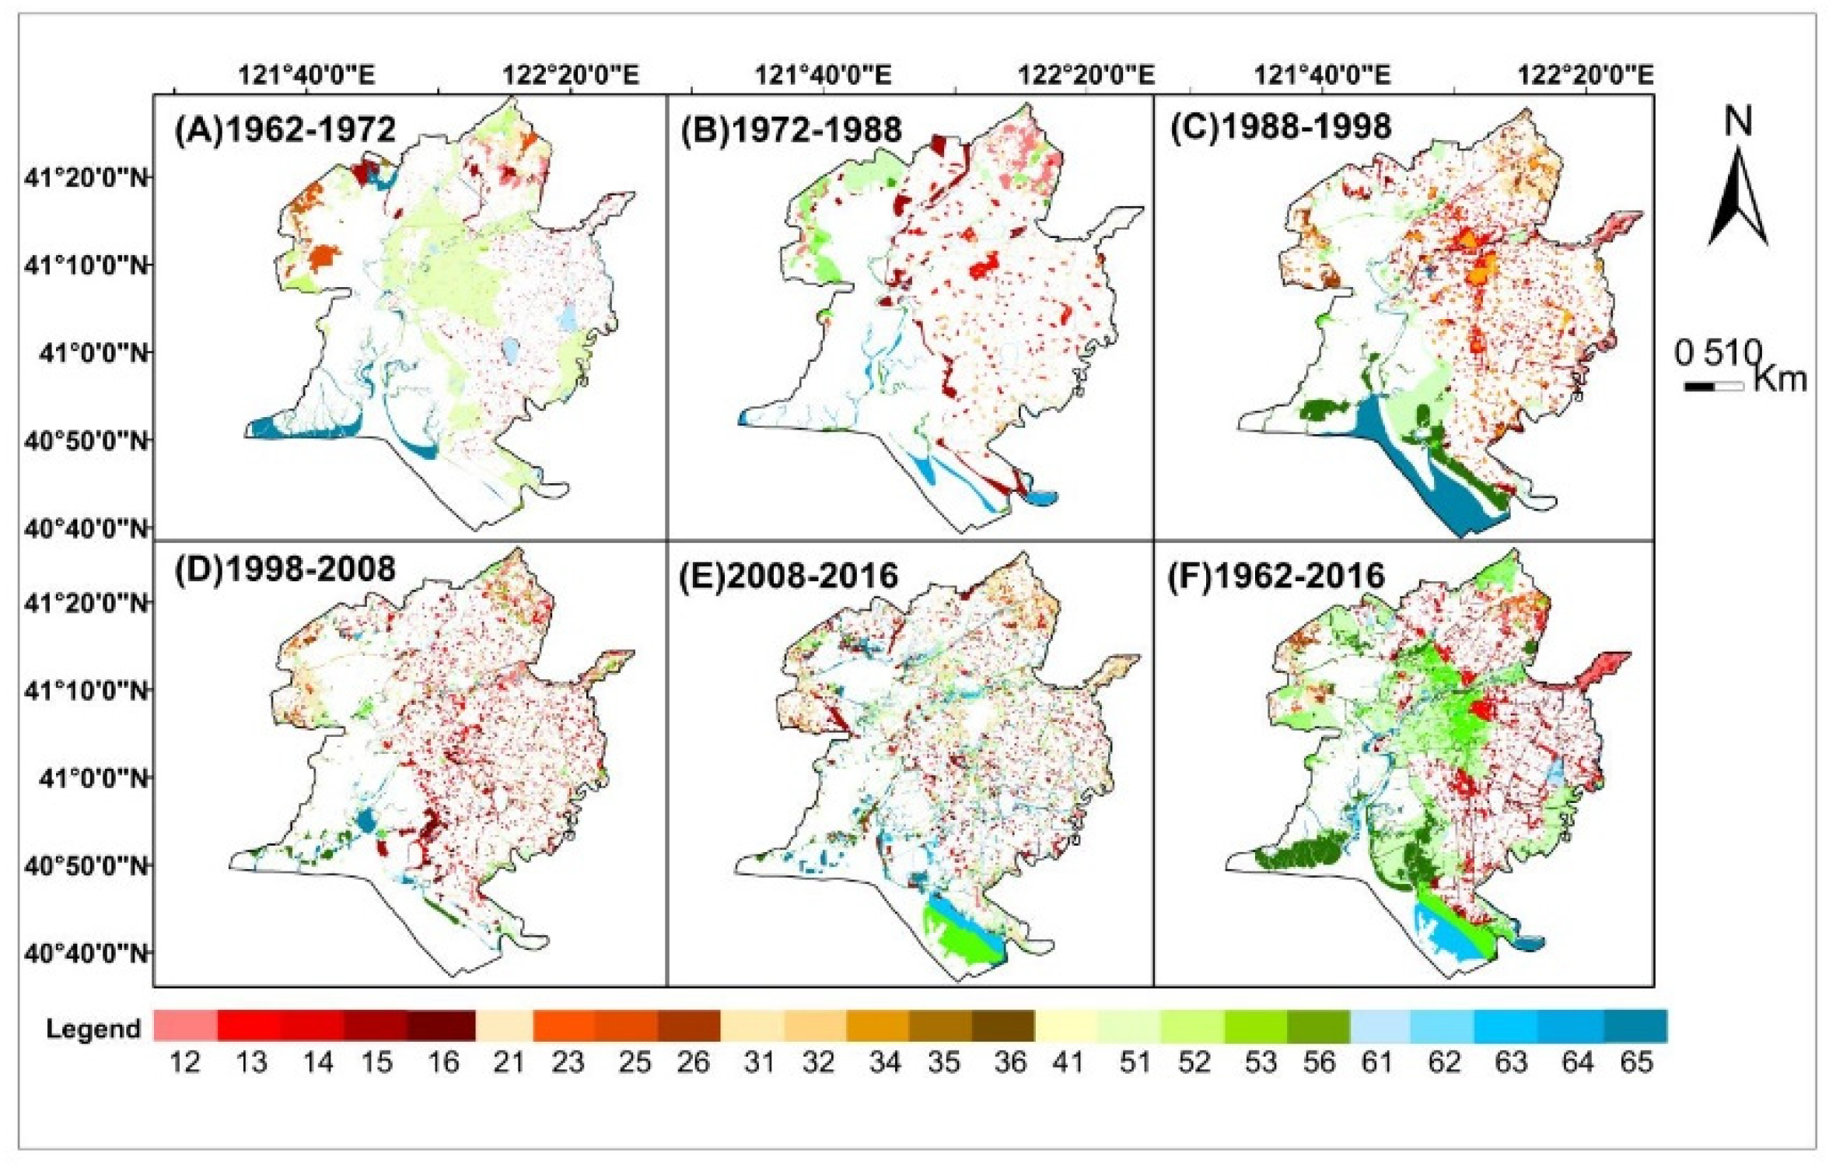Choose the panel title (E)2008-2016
(x=789, y=576)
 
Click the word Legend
(x=93, y=1029)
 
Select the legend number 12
(x=185, y=1062)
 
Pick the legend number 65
(x=1636, y=1062)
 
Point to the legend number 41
(x=1067, y=1062)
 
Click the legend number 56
(x=1319, y=1062)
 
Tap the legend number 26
(x=692, y=1062)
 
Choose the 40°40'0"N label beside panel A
(x=86, y=529)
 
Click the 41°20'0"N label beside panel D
(x=86, y=602)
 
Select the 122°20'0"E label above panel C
(x=1585, y=75)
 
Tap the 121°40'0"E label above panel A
(x=306, y=75)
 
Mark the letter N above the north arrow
(x=1738, y=122)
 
